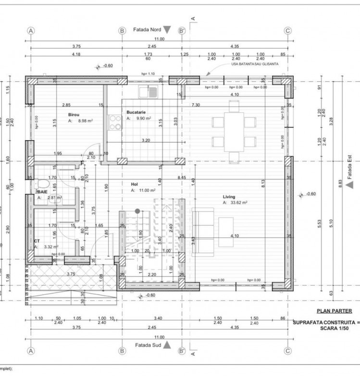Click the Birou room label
pos(73,115)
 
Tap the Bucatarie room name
pos(137,112)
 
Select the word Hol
pos(134,184)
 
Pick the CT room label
pos(37,241)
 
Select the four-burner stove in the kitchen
pos(115,122)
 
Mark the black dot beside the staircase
pos(137,211)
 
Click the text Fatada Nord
pos(146,29)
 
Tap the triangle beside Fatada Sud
pos(167,345)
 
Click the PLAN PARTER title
pos(334,311)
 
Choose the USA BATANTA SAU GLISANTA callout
pos(255,64)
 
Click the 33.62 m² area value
pos(238,203)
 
